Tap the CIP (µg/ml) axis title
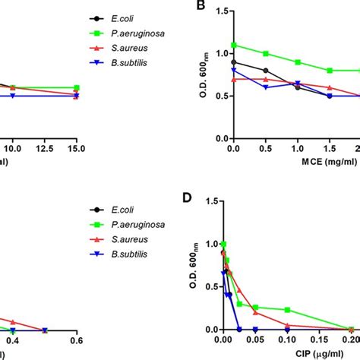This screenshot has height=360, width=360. [302, 355]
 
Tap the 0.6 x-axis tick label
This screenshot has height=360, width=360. [75, 341]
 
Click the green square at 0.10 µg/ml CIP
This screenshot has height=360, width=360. [288, 310]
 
